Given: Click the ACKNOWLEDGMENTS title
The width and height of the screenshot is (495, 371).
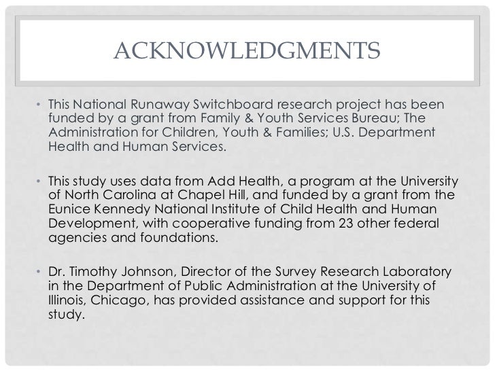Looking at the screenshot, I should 247,51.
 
